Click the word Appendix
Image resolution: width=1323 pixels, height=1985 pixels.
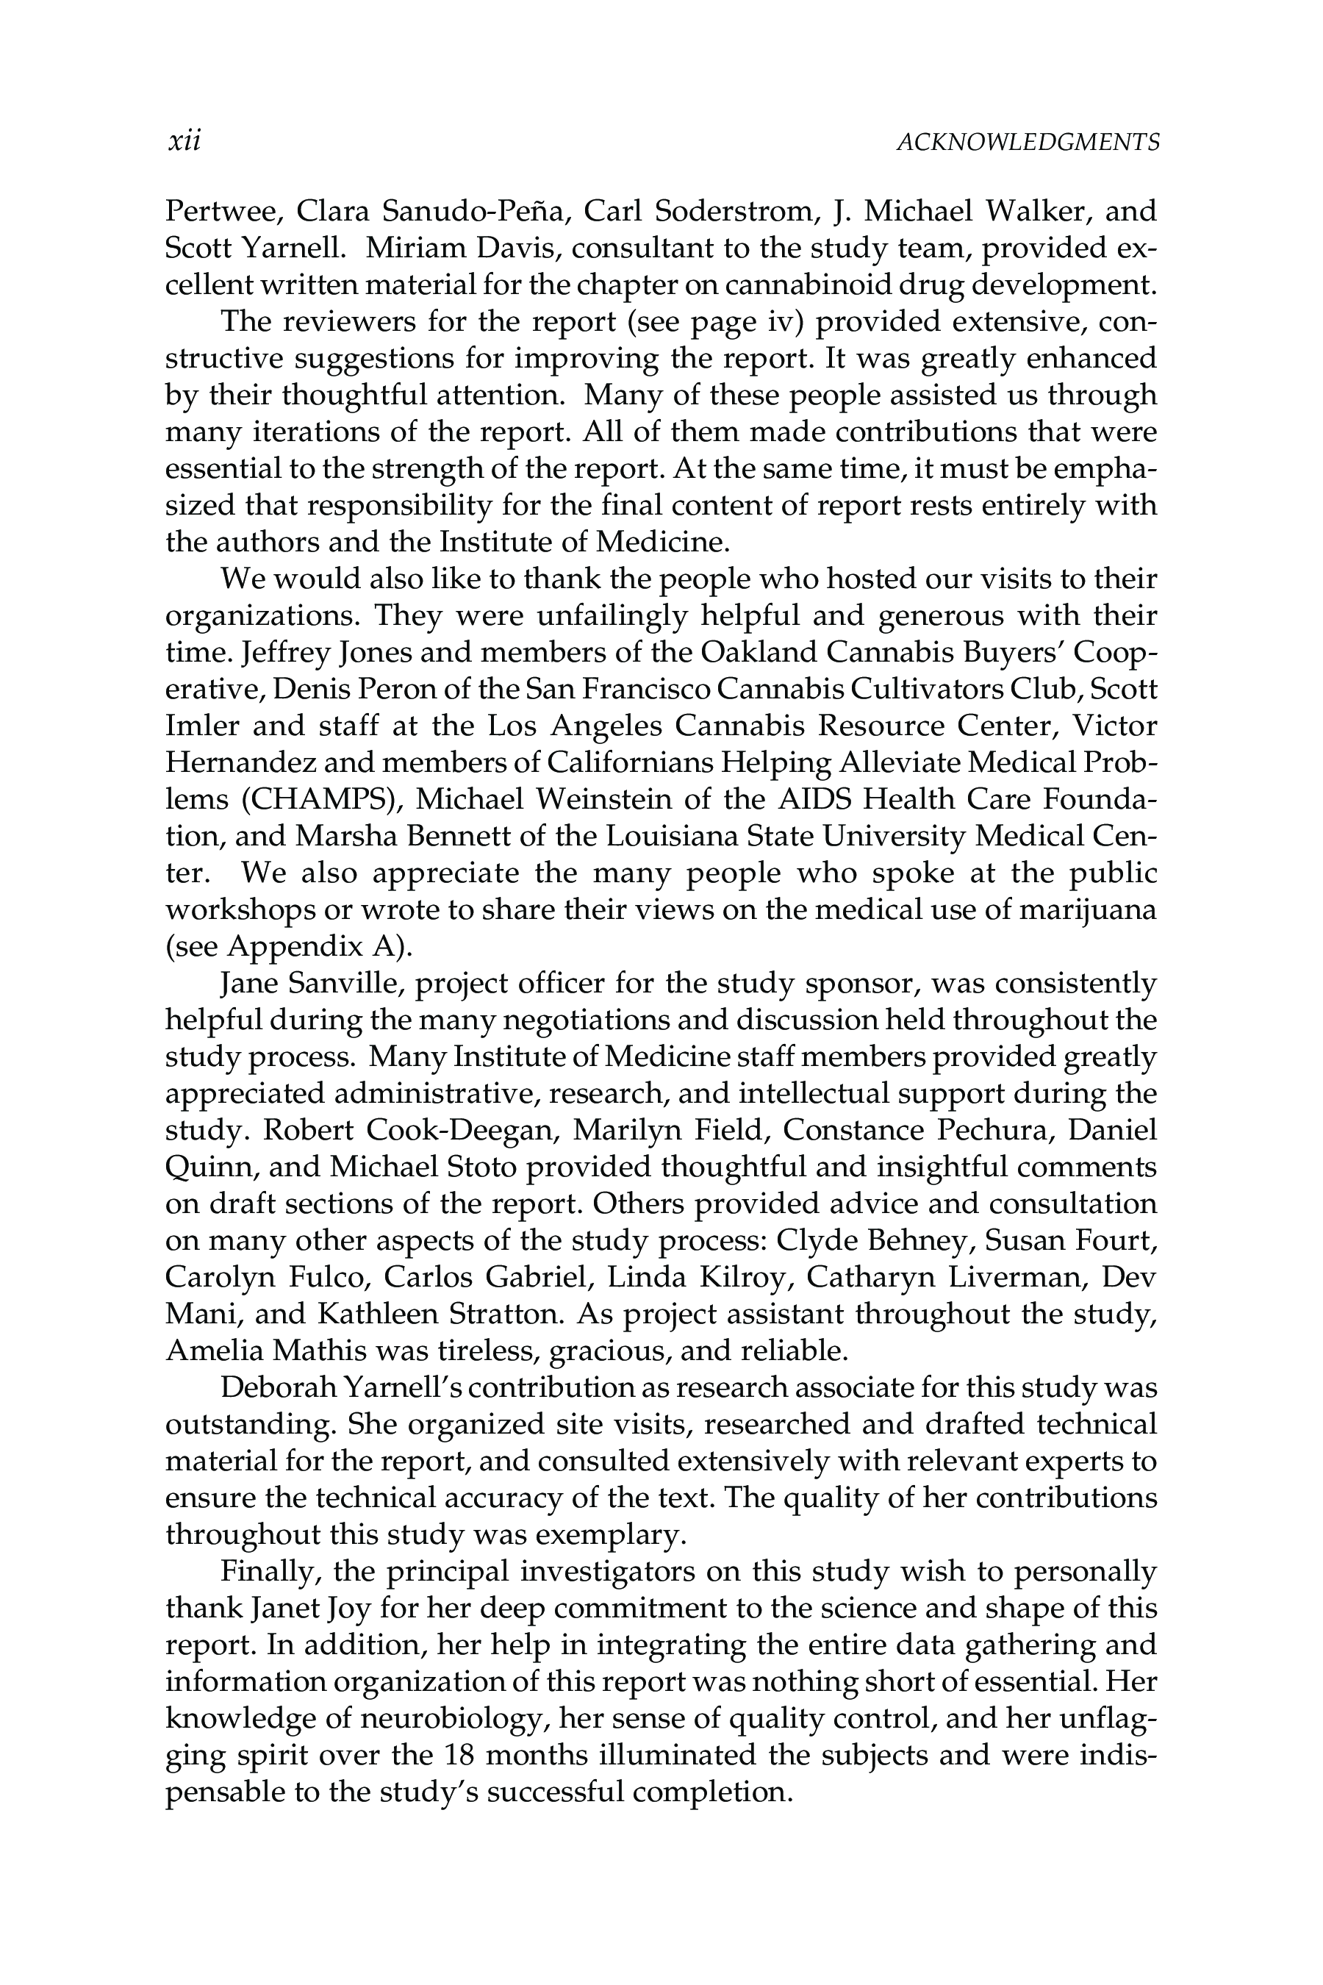click(x=295, y=946)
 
